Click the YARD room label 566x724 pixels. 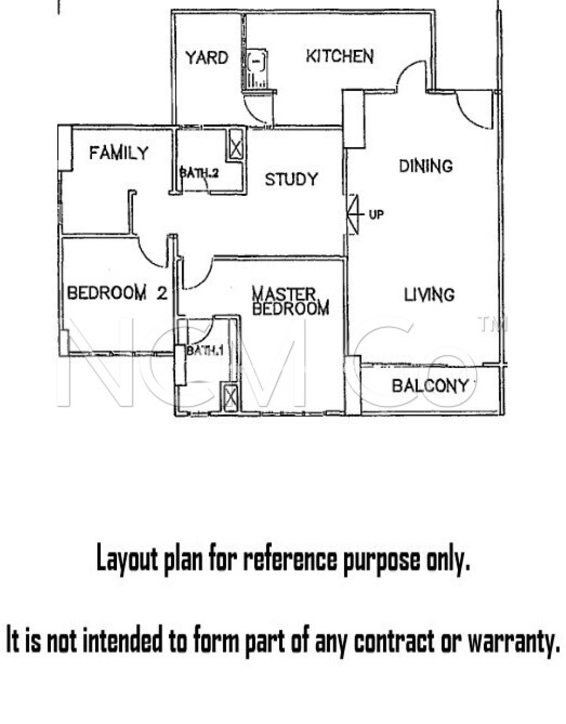point(207,58)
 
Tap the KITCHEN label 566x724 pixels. point(340,56)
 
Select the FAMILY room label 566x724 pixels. point(119,153)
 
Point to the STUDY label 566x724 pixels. point(291,179)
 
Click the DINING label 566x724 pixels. point(426,166)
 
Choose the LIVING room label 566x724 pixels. point(429,294)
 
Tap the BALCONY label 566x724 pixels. point(430,386)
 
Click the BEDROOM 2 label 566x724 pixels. point(117,293)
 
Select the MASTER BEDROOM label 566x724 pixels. point(290,301)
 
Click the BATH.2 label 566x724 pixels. point(199,173)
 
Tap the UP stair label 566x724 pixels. point(376,215)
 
